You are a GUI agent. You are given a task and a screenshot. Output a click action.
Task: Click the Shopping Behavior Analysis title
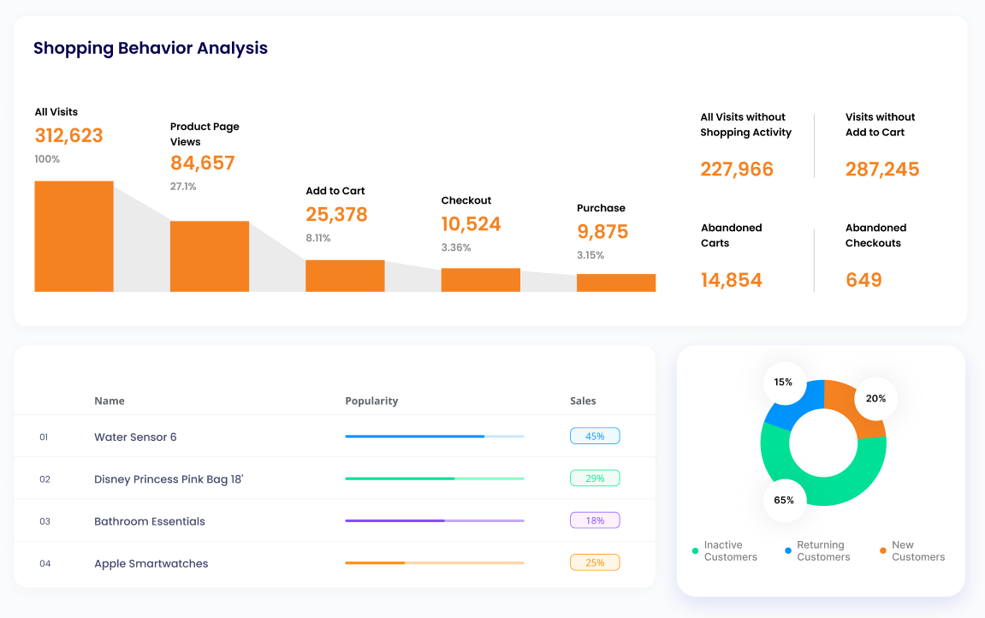point(151,48)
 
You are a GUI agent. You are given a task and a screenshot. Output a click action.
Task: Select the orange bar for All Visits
point(74,236)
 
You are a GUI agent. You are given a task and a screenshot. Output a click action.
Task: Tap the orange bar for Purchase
point(615,282)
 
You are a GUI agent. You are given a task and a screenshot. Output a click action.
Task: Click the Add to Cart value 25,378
point(336,215)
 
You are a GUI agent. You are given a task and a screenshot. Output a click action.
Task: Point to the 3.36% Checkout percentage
point(456,247)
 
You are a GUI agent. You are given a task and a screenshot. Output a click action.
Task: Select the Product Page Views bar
point(210,256)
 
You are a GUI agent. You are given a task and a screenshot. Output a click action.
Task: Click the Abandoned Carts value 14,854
point(731,280)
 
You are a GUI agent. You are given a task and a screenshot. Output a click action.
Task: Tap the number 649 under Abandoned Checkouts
point(863,280)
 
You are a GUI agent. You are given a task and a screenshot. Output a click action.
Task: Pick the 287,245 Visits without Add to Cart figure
point(882,169)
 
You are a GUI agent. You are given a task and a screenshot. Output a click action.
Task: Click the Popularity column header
point(371,401)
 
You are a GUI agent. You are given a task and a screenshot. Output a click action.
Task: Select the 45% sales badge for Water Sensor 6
point(595,437)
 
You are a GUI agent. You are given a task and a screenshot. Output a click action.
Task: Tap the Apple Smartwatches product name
point(151,563)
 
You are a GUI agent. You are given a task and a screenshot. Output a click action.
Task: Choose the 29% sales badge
point(595,478)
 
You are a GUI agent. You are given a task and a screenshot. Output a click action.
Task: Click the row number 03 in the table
point(45,521)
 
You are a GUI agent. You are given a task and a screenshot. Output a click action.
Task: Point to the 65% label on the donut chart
point(784,500)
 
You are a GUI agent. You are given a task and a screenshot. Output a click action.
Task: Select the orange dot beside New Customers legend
point(882,550)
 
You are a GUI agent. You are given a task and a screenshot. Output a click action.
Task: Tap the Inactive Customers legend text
point(730,550)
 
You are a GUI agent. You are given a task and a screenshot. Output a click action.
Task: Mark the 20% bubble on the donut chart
point(875,398)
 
